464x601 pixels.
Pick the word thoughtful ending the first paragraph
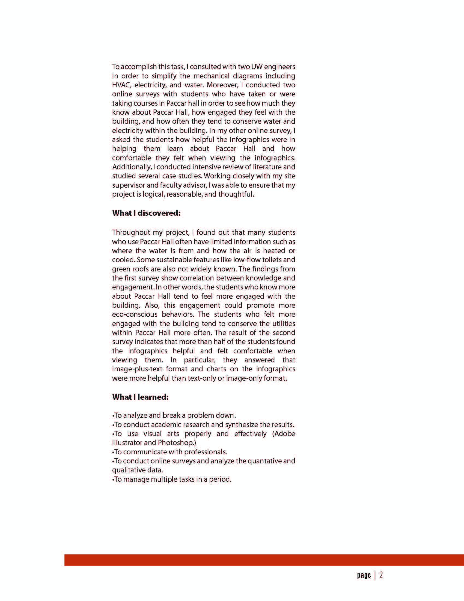(236, 194)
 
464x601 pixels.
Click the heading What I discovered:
(146, 213)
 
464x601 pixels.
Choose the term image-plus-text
(137, 369)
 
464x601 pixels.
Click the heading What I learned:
(140, 397)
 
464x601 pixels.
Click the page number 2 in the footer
(381, 575)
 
